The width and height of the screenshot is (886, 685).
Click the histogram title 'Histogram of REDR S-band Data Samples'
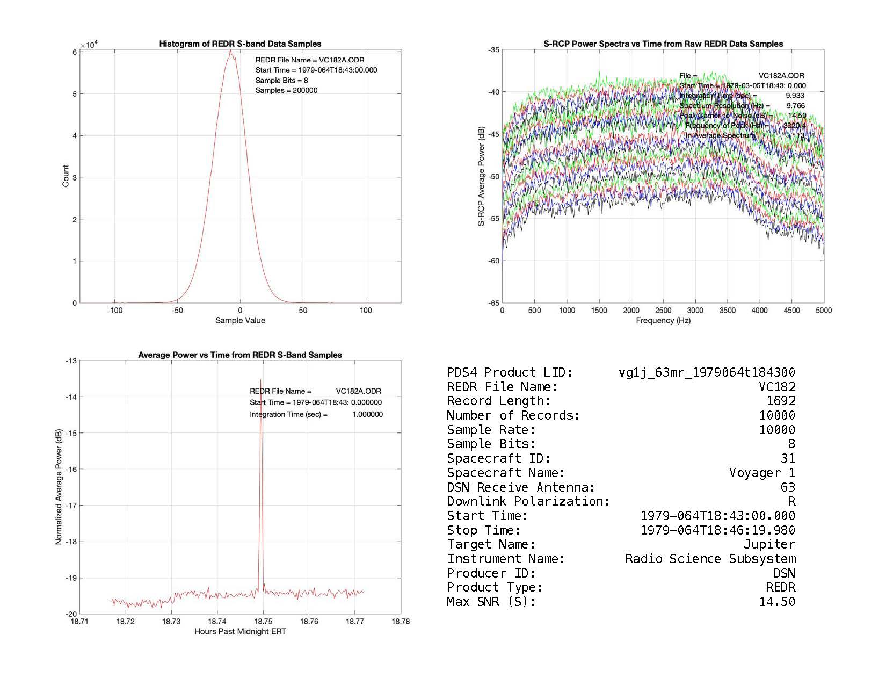240,44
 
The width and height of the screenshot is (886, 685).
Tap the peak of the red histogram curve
230,51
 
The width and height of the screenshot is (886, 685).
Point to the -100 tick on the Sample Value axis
114,311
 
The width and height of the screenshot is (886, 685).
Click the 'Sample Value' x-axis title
240,321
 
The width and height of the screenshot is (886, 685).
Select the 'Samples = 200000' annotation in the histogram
286,90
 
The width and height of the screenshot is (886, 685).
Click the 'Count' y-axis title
66,176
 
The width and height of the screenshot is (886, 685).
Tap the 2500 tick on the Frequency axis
663,311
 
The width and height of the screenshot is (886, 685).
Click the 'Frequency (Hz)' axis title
663,321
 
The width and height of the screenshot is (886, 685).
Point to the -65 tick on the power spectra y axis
493,303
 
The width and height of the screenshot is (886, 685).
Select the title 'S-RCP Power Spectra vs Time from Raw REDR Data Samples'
663,44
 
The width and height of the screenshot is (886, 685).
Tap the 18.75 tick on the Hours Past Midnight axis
263,622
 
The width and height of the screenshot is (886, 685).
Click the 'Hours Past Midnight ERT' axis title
240,632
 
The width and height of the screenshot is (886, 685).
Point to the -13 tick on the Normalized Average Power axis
71,360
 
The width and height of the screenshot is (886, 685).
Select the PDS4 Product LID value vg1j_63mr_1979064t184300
707,372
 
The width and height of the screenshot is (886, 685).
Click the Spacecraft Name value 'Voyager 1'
762,473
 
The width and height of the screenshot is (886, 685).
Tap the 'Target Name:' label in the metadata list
491,545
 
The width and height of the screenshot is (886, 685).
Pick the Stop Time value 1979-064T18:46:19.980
718,530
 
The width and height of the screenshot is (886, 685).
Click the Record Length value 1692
781,401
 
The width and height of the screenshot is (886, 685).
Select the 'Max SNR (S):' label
491,602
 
